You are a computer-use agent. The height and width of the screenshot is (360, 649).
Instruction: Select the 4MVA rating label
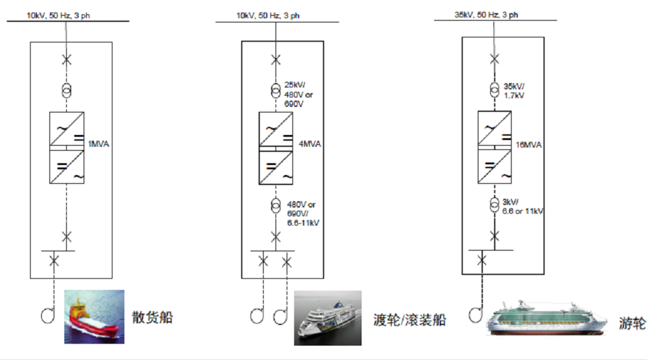[x=310, y=144]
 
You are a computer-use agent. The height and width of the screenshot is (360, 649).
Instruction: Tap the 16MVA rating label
[x=528, y=144]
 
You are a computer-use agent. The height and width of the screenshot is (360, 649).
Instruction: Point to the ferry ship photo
[x=328, y=317]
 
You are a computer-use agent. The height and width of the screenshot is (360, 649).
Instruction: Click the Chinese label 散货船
[x=152, y=317]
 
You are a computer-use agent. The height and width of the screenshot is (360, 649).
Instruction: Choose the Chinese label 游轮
[x=633, y=323]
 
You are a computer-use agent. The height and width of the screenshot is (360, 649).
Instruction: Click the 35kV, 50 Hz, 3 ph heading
[x=485, y=15]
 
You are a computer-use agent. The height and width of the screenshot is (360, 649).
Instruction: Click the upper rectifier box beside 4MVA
[x=275, y=130]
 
